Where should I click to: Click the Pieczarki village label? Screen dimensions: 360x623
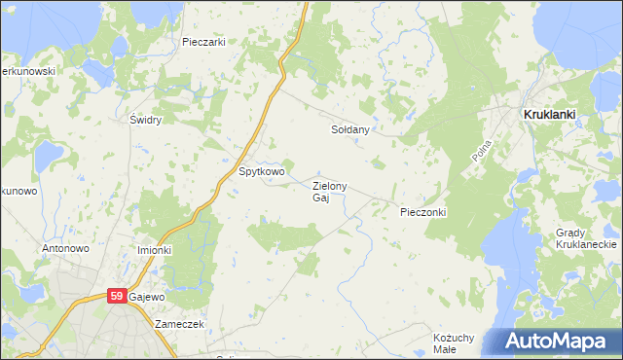pyautogui.click(x=204, y=42)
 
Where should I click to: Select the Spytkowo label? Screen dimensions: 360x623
pyautogui.click(x=262, y=171)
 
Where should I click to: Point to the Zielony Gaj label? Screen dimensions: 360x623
pyautogui.click(x=329, y=192)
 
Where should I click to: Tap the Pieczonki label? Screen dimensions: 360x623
pyautogui.click(x=422, y=211)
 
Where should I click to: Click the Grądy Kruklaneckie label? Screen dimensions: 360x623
pyautogui.click(x=583, y=239)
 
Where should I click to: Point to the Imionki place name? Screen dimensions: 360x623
pyautogui.click(x=154, y=250)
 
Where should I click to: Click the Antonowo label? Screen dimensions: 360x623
pyautogui.click(x=66, y=249)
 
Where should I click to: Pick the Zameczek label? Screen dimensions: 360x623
pyautogui.click(x=179, y=324)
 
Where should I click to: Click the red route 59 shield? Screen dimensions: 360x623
pyautogui.click(x=116, y=296)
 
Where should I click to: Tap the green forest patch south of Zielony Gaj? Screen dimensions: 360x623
pyautogui.click(x=282, y=234)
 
